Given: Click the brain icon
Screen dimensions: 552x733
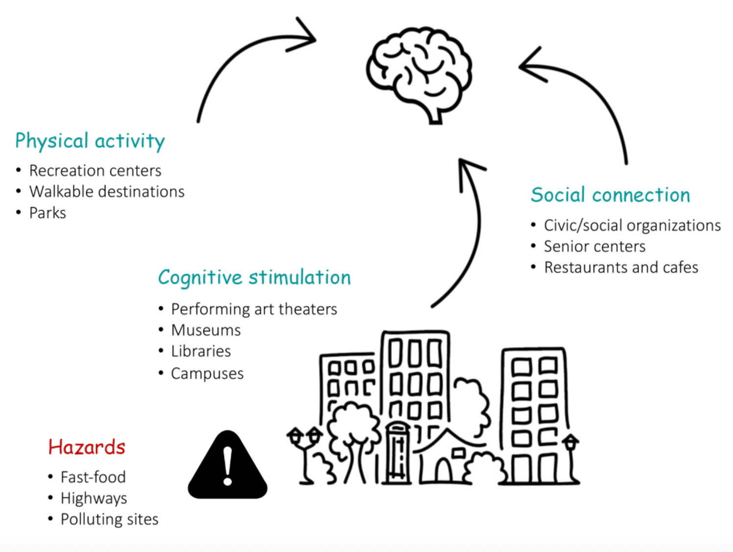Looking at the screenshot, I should tap(419, 73).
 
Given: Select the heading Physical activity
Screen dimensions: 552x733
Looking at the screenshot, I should tap(90, 141).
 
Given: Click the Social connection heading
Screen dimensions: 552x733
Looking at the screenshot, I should tap(611, 195).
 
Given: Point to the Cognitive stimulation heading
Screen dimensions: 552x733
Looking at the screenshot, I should tap(254, 277).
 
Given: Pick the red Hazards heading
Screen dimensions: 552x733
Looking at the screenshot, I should tap(87, 447).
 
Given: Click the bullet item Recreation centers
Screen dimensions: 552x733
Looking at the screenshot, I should tap(95, 170).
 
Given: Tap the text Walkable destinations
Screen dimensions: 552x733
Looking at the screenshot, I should tap(107, 191).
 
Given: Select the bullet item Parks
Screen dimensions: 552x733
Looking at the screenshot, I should tap(48, 213).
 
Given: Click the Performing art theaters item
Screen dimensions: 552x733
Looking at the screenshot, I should tap(254, 309).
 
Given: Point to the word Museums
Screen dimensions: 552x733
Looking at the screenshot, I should tap(206, 330).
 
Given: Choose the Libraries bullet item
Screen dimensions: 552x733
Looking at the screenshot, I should tap(201, 351).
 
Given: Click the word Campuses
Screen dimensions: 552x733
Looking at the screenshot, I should tap(207, 373).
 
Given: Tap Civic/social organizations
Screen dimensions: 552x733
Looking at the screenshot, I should tap(632, 225).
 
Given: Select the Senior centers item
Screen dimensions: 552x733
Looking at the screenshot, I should tap(594, 246).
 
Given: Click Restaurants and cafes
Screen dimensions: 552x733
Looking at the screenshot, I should tap(621, 267).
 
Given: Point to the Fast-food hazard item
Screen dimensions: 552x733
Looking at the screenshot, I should tap(93, 477).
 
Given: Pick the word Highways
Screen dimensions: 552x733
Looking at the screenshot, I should tap(94, 498).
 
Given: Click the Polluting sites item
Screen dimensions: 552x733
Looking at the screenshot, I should tap(109, 519).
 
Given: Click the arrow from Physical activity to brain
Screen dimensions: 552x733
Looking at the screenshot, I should tap(235, 54).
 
